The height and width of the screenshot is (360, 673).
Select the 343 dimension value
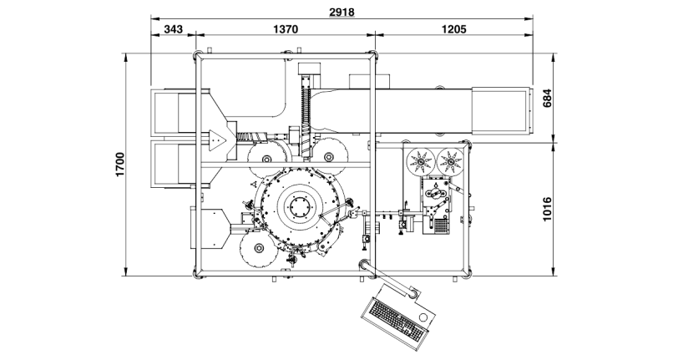[x=174, y=28]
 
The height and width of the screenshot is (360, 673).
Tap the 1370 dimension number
[x=286, y=28]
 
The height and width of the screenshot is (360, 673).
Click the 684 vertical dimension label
[x=548, y=98]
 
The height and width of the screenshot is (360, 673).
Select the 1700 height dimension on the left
[x=120, y=164]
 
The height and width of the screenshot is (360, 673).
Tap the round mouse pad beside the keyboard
[x=427, y=318]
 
